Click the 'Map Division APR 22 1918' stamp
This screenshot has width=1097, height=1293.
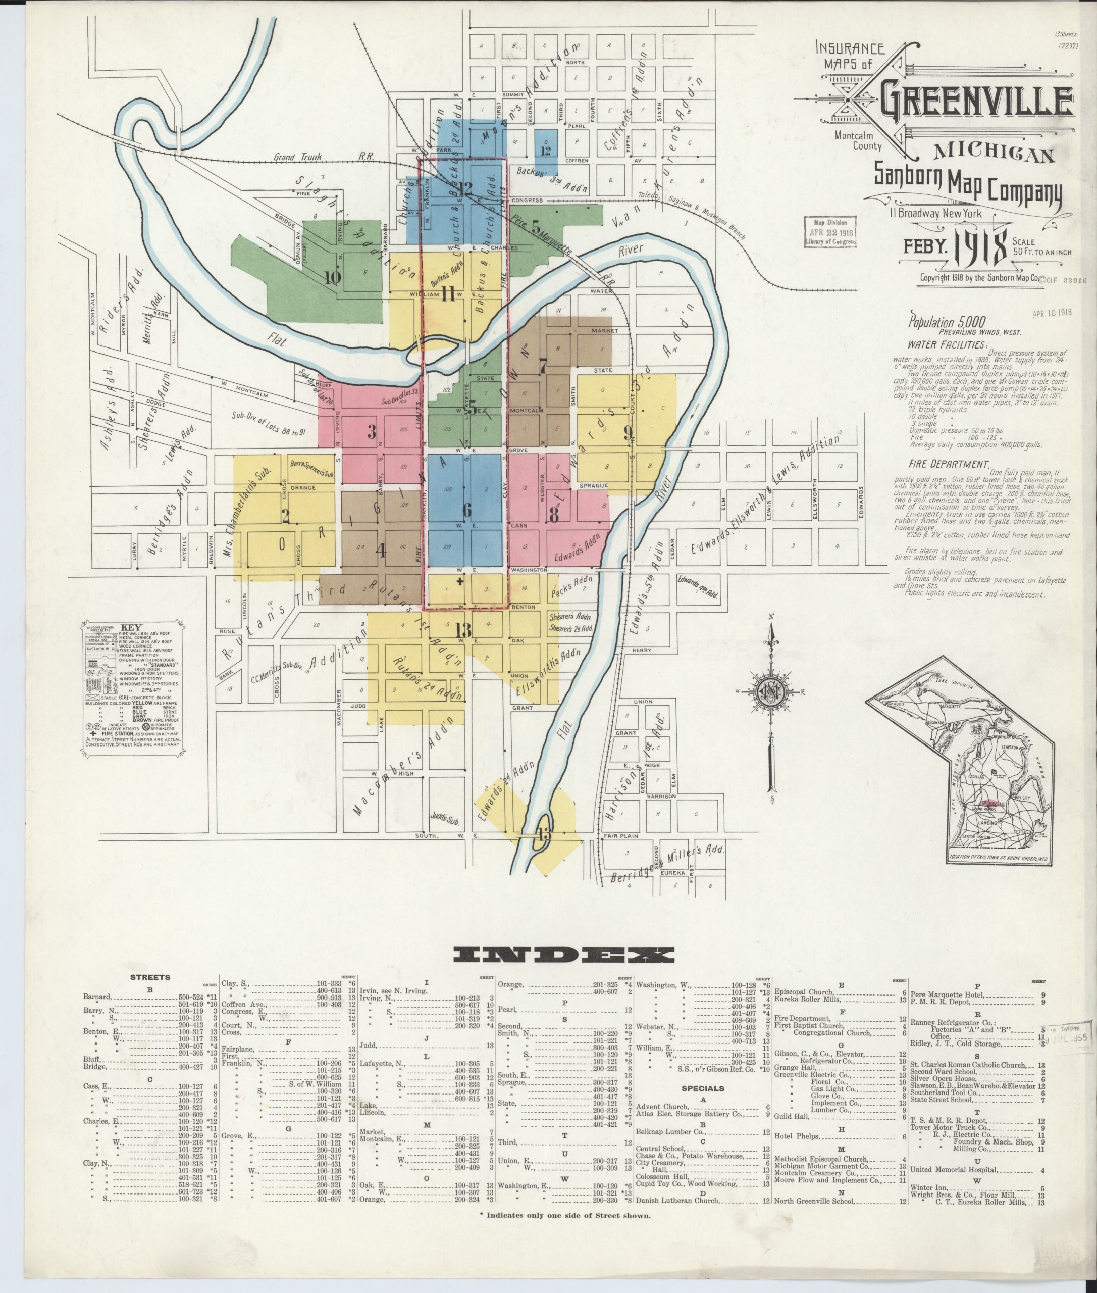pos(829,233)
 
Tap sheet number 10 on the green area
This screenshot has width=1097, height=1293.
pos(333,277)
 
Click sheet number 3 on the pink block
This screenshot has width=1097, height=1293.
pos(372,432)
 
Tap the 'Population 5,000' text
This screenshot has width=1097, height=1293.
pos(947,322)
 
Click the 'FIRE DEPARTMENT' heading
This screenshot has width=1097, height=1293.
pos(947,464)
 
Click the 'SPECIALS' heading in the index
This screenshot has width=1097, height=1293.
pos(702,1088)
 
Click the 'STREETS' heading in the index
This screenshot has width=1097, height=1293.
pos(150,977)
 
